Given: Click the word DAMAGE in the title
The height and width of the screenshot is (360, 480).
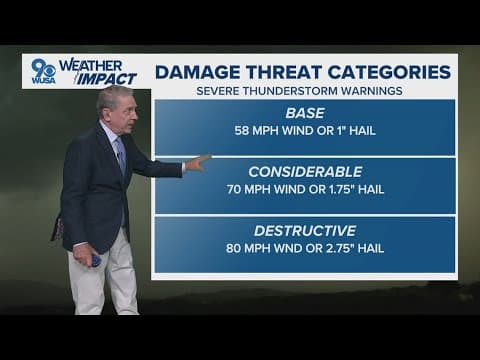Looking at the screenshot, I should click(x=197, y=72).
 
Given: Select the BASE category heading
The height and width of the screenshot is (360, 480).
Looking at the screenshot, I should click(x=305, y=113).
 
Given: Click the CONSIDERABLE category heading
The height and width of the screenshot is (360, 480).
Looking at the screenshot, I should click(x=305, y=171).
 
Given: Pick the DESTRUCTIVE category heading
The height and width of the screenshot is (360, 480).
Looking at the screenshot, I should click(x=305, y=229).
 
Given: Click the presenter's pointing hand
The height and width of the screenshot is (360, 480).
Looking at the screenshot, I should click(x=198, y=162).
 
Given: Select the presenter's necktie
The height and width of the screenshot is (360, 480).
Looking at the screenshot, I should click(x=120, y=156).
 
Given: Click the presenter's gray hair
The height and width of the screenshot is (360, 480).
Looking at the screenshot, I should click(x=111, y=95).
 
